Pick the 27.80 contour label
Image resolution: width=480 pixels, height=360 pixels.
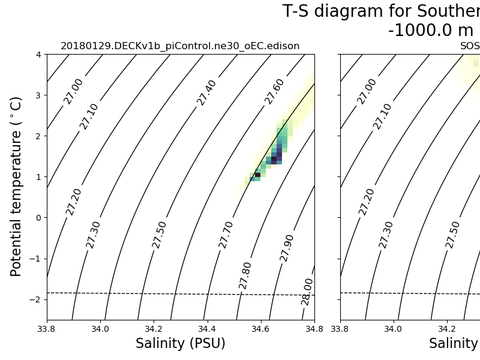click(246, 275)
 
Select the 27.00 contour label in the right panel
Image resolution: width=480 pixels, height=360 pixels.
click(366, 90)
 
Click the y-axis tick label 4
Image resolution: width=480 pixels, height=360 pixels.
click(37, 55)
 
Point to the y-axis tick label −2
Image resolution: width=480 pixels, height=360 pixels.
click(34, 299)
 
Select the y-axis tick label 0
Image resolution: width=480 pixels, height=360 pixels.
click(37, 217)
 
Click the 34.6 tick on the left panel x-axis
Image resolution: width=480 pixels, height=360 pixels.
click(260, 327)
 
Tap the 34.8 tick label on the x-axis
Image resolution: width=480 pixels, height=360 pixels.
click(313, 327)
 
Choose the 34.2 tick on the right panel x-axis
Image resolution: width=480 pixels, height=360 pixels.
click(446, 327)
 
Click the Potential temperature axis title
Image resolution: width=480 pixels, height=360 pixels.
click(16, 187)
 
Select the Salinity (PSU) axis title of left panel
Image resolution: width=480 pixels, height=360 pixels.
click(180, 344)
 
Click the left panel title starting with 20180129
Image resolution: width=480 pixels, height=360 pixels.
click(180, 46)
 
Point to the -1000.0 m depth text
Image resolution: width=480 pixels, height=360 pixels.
click(430, 30)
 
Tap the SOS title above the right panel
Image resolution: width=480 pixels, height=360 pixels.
click(468, 46)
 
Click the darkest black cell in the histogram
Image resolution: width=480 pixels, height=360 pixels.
click(257, 175)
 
